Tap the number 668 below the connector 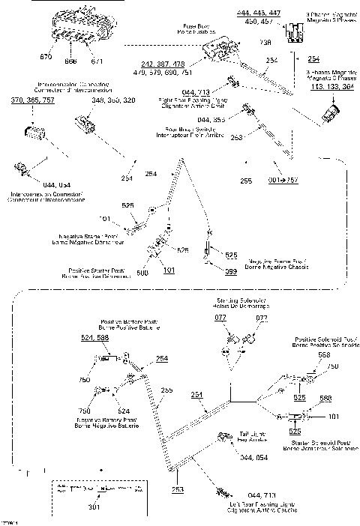(72, 61)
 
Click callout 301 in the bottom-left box (94, 508)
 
